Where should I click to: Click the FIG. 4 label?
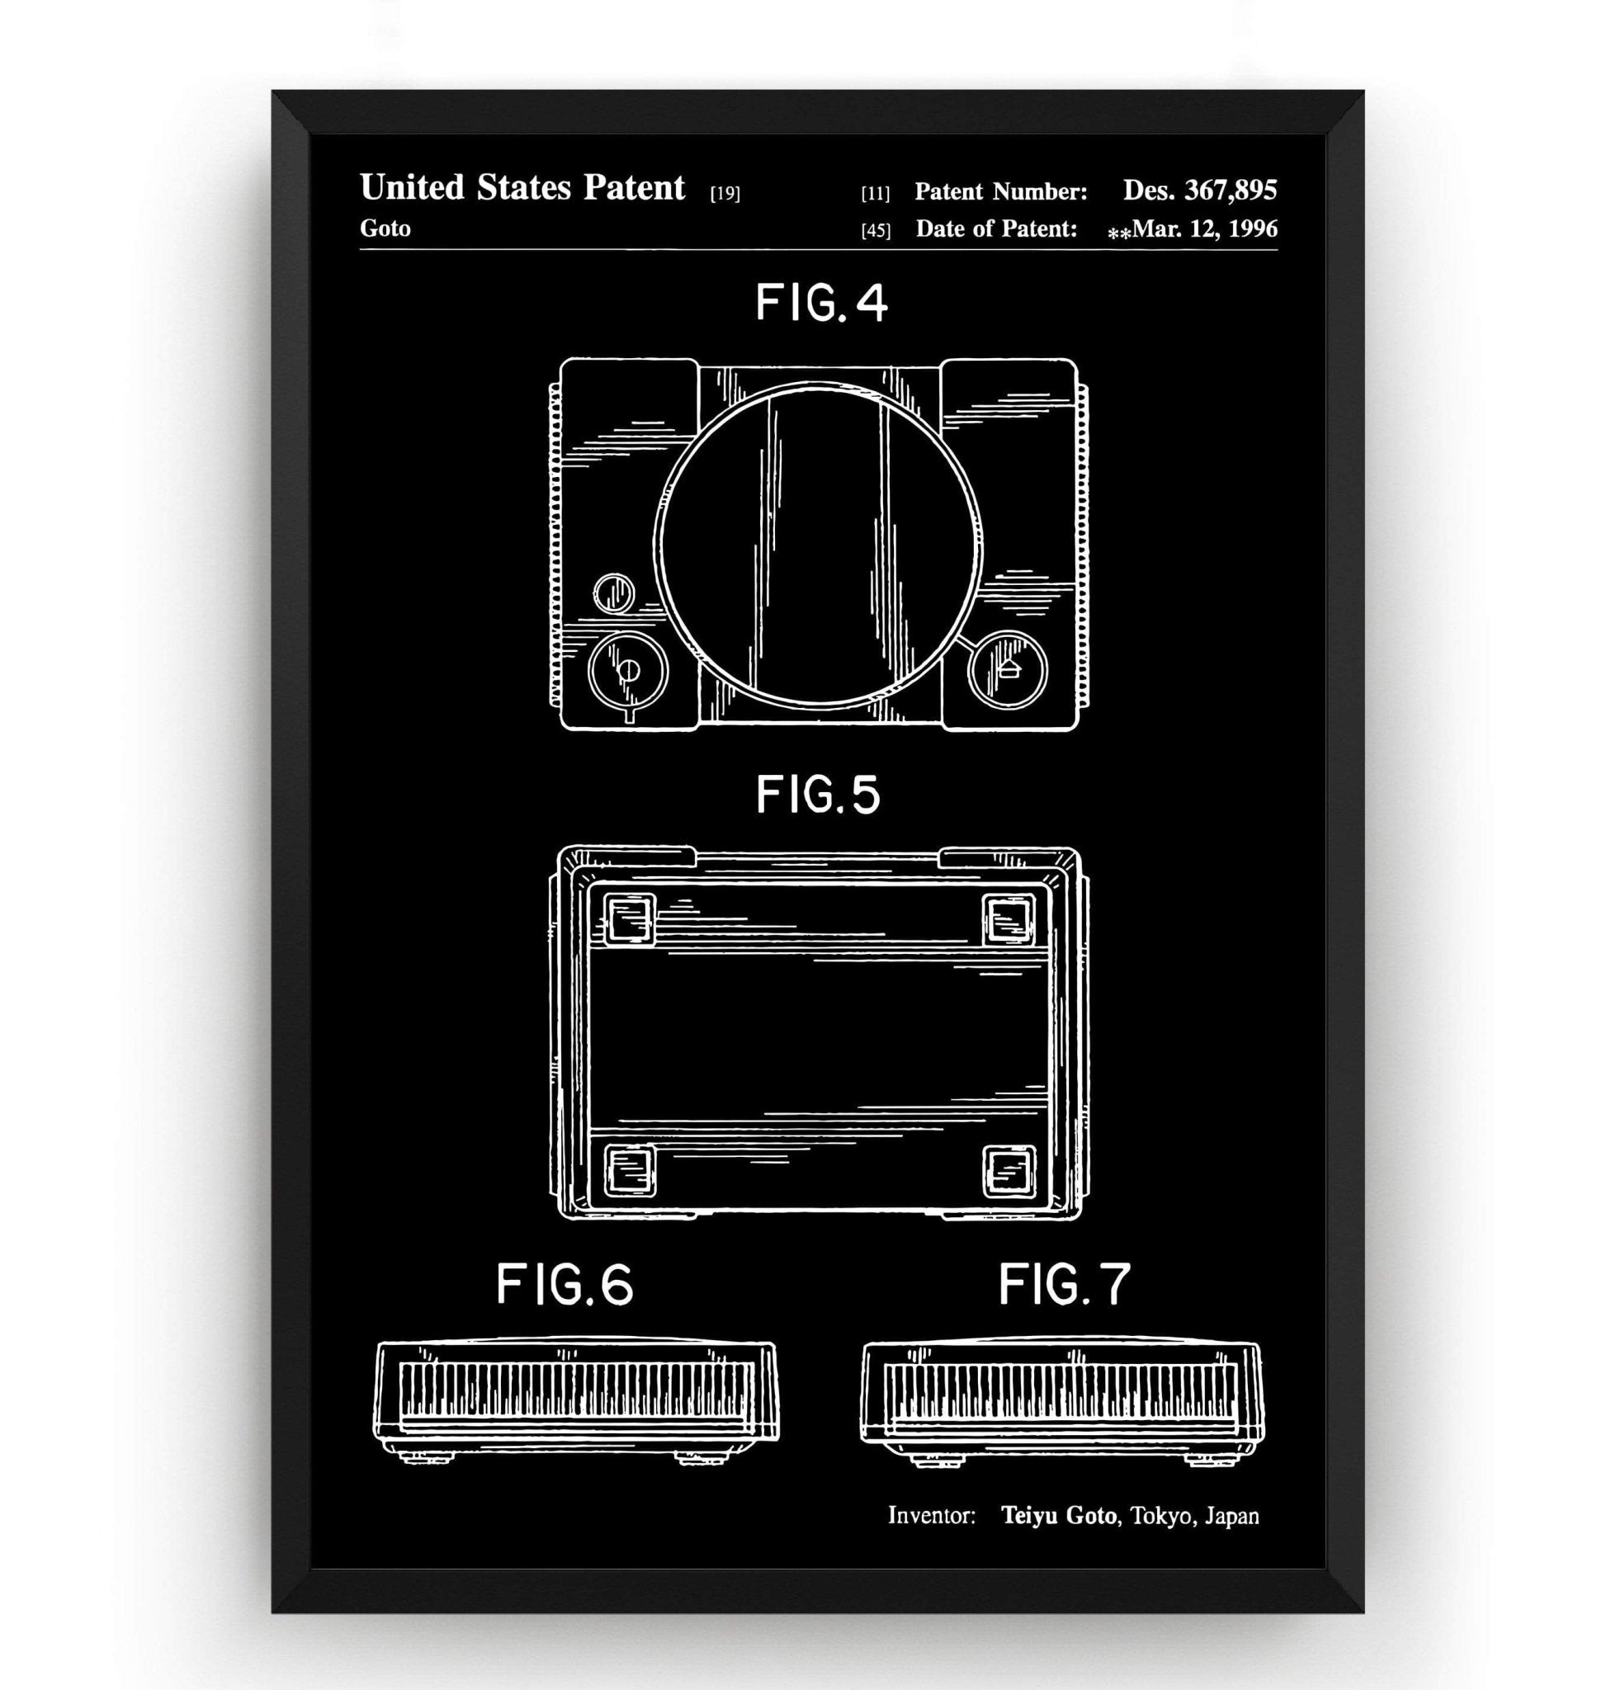tap(821, 304)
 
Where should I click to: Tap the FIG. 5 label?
tap(818, 795)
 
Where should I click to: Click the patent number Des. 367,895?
tap(1200, 191)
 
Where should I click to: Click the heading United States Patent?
tap(522, 188)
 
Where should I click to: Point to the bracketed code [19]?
tap(725, 194)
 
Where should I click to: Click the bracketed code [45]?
tap(876, 230)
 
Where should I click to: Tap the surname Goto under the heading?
tap(385, 229)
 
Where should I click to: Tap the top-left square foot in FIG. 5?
tap(630, 920)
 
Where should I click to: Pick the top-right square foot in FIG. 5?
tap(1009, 920)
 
